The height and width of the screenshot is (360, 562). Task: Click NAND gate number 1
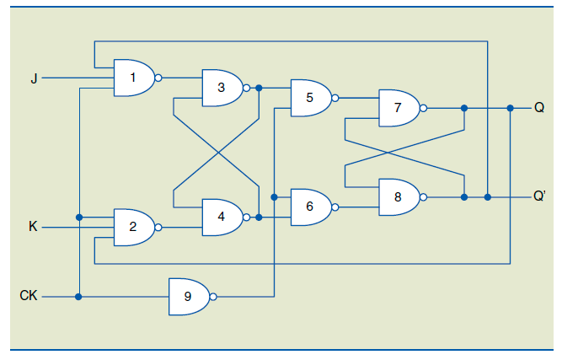click(x=133, y=78)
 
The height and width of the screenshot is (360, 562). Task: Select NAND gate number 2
click(x=133, y=227)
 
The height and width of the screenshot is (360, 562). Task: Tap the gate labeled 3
click(x=222, y=88)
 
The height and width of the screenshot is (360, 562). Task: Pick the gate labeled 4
click(x=222, y=217)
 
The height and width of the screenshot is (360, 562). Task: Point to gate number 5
click(x=310, y=98)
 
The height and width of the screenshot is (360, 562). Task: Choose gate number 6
click(x=310, y=207)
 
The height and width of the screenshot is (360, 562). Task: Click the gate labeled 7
click(x=399, y=108)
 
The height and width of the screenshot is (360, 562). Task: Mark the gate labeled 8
click(x=399, y=197)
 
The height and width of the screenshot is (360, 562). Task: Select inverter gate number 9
click(x=188, y=297)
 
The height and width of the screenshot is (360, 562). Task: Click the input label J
click(x=33, y=78)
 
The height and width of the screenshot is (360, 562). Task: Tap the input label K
click(x=33, y=227)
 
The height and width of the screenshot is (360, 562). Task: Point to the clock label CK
click(x=28, y=297)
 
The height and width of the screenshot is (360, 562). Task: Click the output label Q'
click(x=539, y=197)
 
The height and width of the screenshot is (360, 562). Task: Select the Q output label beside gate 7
click(x=538, y=108)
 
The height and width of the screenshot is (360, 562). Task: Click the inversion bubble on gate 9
click(x=214, y=297)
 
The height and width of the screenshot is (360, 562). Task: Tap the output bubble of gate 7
click(x=424, y=108)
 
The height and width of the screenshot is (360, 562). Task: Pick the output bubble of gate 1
click(x=158, y=78)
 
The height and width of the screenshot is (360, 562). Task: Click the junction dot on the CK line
click(x=78, y=297)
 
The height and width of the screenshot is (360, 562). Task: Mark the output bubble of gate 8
click(x=424, y=197)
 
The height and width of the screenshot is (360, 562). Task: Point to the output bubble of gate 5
click(x=335, y=98)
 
